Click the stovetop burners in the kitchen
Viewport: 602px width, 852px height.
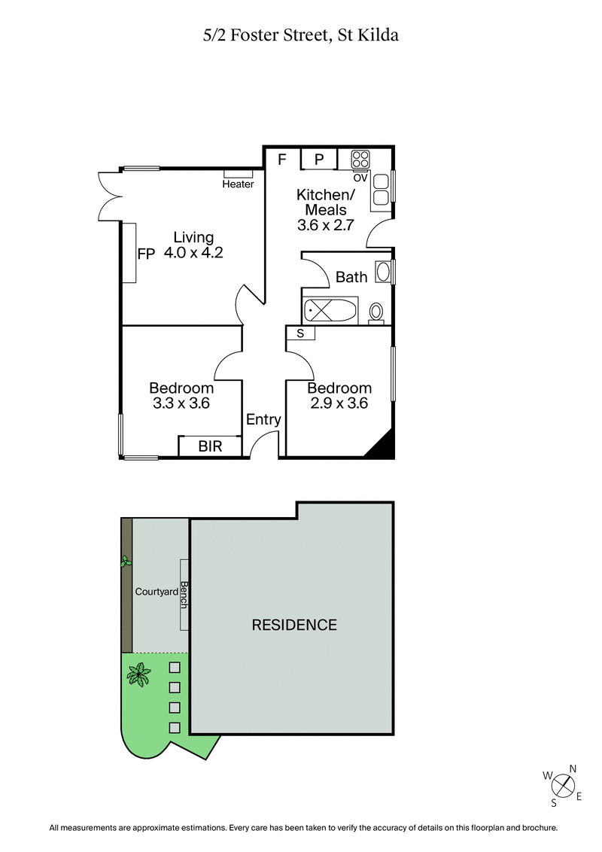click(360, 160)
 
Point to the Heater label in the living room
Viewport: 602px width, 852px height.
click(238, 184)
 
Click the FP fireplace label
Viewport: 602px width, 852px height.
click(146, 254)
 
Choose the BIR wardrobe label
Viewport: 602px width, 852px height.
click(210, 446)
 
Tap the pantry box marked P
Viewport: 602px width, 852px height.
click(319, 160)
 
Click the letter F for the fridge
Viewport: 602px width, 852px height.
click(282, 160)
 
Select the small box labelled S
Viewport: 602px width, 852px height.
click(300, 333)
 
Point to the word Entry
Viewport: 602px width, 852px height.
click(263, 420)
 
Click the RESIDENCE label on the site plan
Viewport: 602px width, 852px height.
click(293, 625)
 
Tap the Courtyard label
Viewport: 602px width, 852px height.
click(156, 592)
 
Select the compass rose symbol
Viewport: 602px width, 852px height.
click(563, 786)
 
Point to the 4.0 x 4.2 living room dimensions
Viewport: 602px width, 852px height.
click(193, 253)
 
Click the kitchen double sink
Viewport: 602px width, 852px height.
click(380, 190)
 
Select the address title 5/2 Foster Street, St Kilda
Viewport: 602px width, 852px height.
click(301, 35)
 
